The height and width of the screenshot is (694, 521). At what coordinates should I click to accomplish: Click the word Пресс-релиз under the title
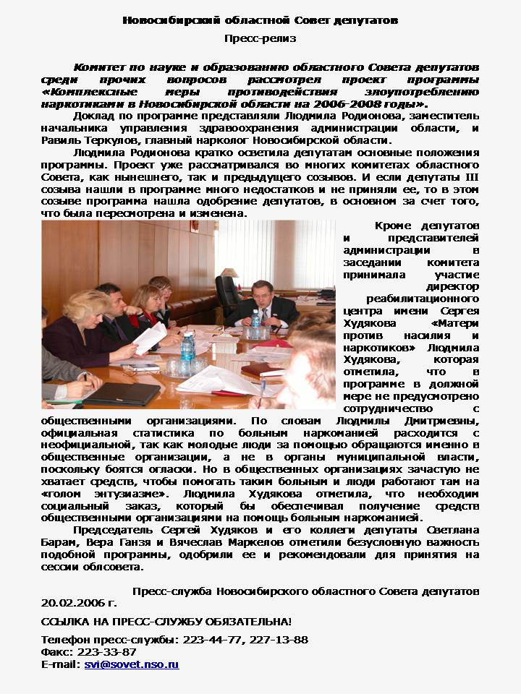(260, 38)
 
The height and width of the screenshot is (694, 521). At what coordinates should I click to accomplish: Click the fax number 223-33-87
(107, 651)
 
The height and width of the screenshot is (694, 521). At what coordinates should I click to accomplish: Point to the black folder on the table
(121, 393)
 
